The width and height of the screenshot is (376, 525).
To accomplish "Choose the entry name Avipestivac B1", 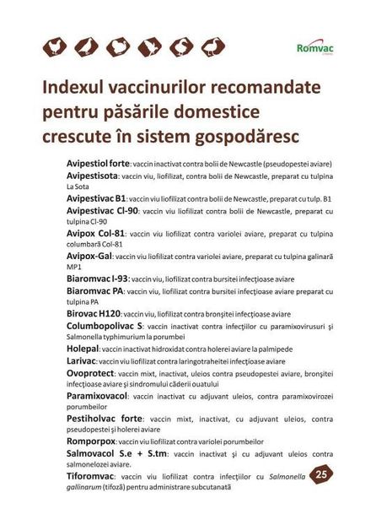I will click(96, 198).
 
